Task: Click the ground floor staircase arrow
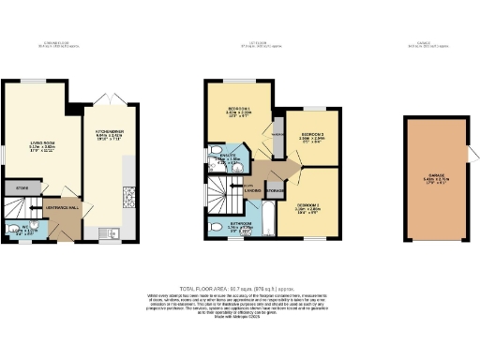(36, 207)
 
